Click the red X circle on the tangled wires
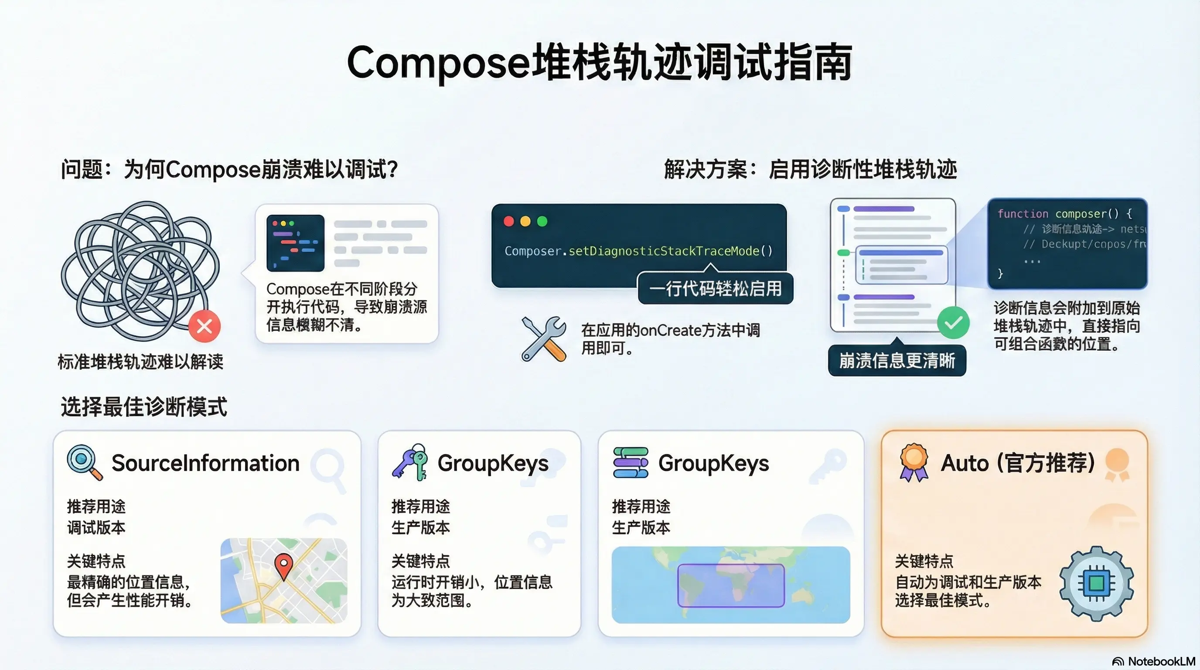205,326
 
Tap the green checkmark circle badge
953,323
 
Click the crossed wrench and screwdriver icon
544,339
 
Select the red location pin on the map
284,565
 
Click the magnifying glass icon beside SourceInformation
84,462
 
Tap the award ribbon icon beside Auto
914,462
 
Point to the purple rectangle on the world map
730,585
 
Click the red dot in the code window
509,221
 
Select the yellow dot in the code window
525,221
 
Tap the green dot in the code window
542,221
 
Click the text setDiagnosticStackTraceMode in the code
664,251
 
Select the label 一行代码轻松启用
715,289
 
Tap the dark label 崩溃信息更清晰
897,361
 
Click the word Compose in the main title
438,63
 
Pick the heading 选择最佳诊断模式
144,407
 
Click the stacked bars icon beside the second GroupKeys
630,462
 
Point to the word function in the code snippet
1023,214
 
